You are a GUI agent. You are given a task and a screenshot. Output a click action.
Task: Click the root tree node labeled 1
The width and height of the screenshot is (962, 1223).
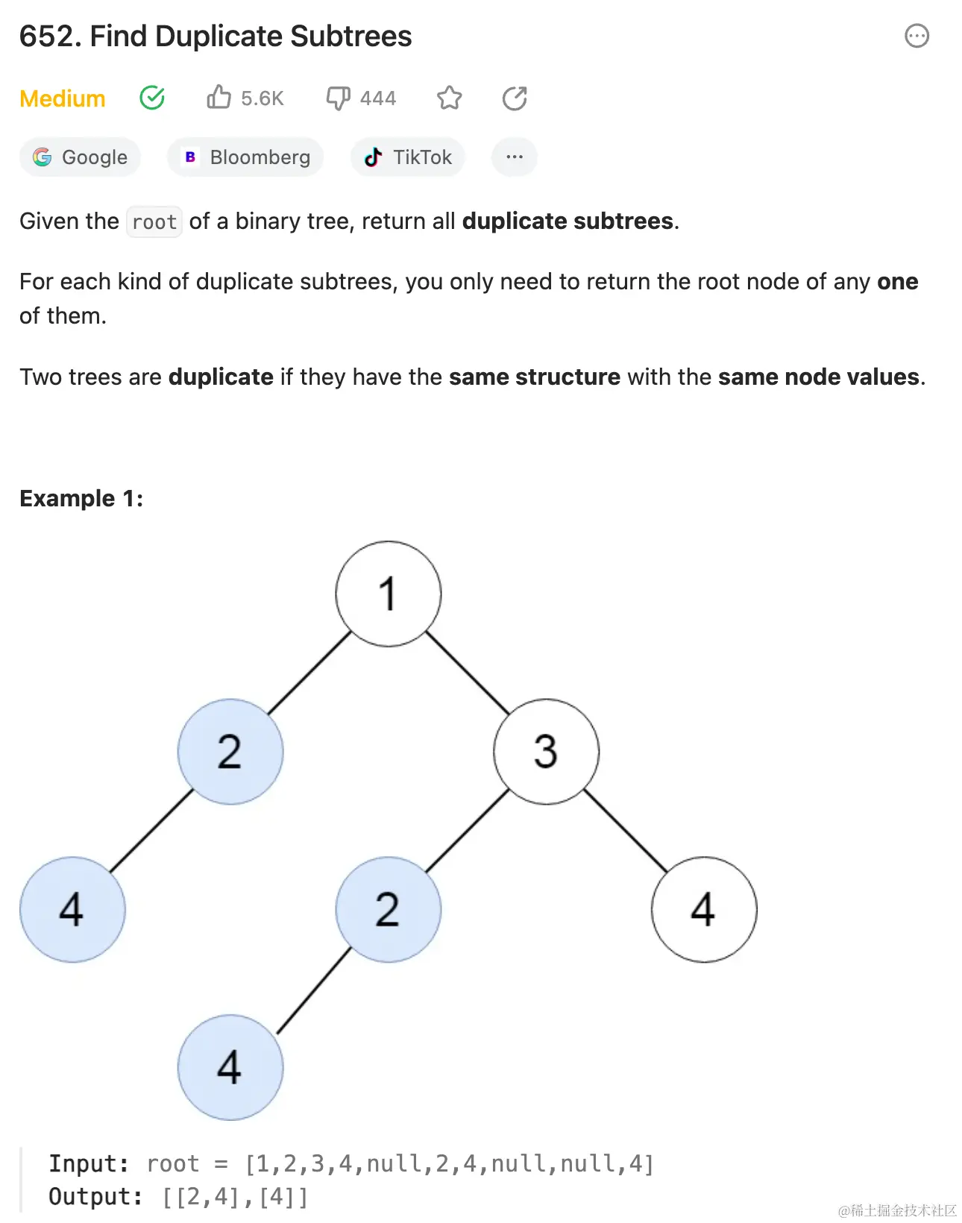tap(388, 594)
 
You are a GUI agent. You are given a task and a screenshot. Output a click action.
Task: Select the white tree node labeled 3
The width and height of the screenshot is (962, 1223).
tap(546, 752)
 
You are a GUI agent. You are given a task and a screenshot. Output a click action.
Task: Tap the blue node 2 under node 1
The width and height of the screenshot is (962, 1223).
tap(230, 752)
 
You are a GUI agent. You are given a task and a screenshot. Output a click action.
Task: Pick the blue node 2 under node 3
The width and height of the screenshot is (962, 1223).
tap(388, 910)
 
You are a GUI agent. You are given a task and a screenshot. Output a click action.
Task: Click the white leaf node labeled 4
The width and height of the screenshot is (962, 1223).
tap(704, 910)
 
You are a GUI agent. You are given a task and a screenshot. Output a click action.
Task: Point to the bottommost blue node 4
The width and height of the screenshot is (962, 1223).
tap(230, 1067)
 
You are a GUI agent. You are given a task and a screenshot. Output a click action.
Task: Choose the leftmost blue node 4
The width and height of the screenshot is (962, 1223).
tap(72, 910)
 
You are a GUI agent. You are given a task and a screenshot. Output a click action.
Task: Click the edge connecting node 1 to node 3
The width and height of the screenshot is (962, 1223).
tap(468, 673)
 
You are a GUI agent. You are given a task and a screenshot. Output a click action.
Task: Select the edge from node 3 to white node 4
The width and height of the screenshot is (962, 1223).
tap(625, 831)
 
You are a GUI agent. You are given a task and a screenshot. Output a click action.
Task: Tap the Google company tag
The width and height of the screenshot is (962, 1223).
tap(80, 157)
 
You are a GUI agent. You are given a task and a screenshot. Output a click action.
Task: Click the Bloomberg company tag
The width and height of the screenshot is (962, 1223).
tap(245, 157)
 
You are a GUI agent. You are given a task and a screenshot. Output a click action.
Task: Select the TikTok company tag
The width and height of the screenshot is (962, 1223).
tap(407, 157)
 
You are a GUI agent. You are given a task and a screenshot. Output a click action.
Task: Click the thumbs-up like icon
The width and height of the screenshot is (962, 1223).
tap(219, 98)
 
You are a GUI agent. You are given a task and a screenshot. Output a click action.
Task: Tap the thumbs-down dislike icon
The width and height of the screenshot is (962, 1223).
tap(338, 98)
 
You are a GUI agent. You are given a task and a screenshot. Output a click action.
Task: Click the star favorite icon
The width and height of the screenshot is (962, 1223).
tap(450, 98)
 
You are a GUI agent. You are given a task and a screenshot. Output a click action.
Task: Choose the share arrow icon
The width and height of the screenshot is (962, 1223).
tap(515, 98)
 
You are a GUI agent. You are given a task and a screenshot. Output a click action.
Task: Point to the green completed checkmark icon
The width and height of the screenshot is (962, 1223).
tap(152, 98)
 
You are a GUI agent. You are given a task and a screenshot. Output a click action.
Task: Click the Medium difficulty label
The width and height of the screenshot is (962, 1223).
tap(63, 98)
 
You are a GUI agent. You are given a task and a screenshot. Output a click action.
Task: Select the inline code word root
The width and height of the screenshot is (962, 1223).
tap(154, 221)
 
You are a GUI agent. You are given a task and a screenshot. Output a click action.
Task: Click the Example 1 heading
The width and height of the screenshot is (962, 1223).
tap(81, 498)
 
